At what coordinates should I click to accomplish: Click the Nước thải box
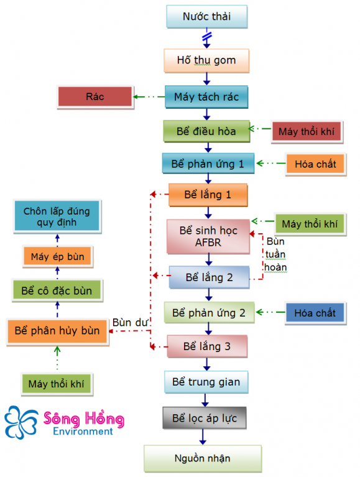[x=207, y=17]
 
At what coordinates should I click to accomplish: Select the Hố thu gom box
[x=206, y=60]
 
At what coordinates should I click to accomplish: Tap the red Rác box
[x=95, y=97]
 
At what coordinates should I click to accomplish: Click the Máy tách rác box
[x=206, y=97]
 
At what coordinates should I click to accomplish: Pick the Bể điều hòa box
[x=206, y=131]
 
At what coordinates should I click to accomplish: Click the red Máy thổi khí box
[x=307, y=131]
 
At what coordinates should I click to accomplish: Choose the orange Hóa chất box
[x=316, y=164]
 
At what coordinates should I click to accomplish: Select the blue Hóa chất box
[x=315, y=313]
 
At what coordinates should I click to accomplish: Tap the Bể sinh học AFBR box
[x=208, y=236]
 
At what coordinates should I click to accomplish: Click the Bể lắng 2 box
[x=209, y=277]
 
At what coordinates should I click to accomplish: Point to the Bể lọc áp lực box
[x=205, y=418]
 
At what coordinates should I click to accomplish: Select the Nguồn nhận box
[x=203, y=458]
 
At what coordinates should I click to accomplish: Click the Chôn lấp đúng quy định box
[x=57, y=216]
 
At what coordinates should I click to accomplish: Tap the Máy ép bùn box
[x=57, y=257]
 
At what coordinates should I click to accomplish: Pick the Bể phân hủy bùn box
[x=57, y=331]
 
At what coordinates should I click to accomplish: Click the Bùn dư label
[x=130, y=322]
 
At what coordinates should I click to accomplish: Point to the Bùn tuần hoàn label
[x=275, y=254]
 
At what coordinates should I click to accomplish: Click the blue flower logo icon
[x=21, y=422]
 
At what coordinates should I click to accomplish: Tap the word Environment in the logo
[x=83, y=432]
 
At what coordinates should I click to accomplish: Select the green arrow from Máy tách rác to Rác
[x=149, y=97]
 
